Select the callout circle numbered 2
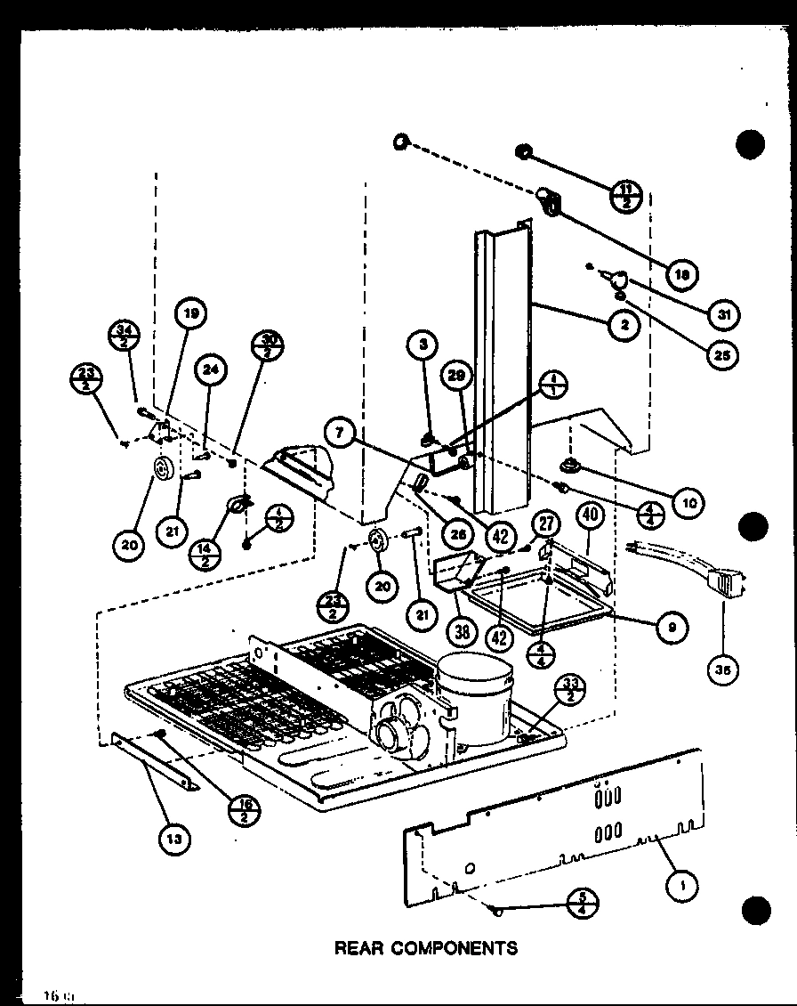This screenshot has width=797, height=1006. [625, 326]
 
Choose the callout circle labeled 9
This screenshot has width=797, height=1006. [672, 627]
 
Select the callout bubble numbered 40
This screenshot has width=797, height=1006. [588, 515]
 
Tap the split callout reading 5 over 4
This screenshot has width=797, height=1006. [584, 904]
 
